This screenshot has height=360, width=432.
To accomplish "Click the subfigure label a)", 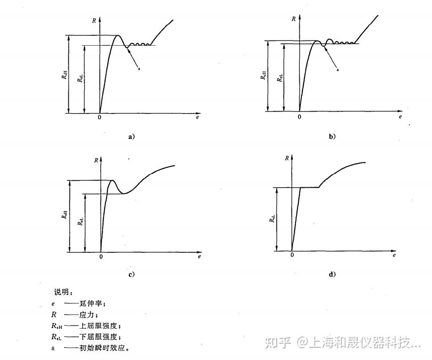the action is [132, 137].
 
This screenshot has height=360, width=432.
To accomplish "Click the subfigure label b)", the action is [332, 136].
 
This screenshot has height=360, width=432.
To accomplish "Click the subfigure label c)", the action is [131, 274].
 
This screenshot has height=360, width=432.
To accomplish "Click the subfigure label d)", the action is [332, 274].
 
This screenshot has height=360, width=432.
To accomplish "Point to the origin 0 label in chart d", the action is [292, 255].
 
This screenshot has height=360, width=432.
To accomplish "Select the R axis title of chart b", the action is [294, 19].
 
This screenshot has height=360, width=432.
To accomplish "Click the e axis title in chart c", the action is [200, 257].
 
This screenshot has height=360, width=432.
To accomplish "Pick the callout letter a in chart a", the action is [139, 69].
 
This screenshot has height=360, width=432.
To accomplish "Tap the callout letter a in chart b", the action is [338, 69].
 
